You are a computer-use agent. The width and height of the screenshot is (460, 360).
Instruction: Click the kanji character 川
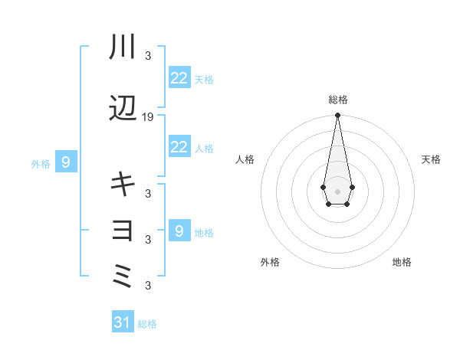(123, 47)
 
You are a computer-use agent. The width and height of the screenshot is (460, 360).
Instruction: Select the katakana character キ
(123, 183)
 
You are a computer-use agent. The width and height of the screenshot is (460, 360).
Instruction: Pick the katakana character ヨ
(123, 229)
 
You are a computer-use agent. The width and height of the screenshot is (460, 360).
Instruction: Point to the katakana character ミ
(123, 274)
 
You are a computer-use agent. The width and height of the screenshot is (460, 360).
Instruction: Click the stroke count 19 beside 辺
(148, 117)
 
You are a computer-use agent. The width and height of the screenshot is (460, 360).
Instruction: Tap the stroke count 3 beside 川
(148, 56)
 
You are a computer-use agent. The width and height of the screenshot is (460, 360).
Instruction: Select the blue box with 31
(123, 322)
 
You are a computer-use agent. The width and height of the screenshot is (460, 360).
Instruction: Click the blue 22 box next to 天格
(179, 78)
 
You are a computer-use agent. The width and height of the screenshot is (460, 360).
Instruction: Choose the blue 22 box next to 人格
(179, 147)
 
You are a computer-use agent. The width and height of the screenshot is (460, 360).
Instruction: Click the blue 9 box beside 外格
(66, 162)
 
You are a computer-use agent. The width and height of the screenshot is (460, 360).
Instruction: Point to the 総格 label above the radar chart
(337, 100)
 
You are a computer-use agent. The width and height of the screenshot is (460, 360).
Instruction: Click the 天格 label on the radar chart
(431, 159)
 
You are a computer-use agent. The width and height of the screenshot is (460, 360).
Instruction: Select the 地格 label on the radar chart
(402, 262)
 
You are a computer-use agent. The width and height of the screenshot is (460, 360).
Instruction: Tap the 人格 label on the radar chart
(245, 159)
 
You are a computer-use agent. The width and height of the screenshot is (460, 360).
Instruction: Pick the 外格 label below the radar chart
(270, 262)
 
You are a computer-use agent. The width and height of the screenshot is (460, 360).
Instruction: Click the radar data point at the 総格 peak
(337, 116)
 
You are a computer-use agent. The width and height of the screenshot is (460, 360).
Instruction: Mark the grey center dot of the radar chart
(337, 190)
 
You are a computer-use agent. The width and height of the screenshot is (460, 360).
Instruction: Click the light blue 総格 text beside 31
(147, 324)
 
